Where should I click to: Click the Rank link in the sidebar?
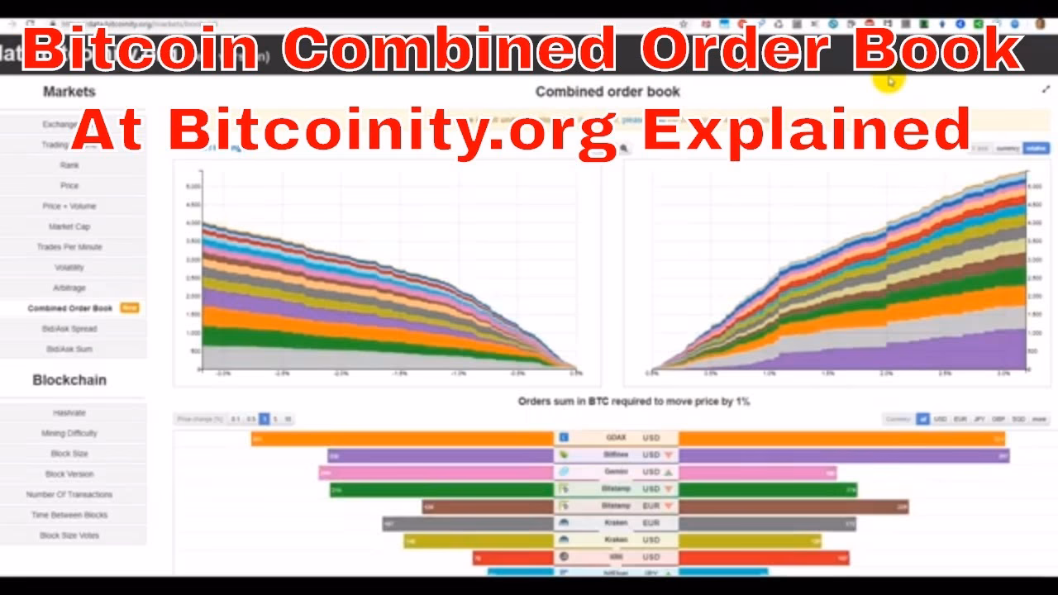tap(69, 165)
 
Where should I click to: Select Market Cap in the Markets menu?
tap(69, 226)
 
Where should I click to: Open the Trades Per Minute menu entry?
tap(69, 247)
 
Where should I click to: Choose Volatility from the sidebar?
tap(69, 268)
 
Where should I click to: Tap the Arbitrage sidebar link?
tap(69, 288)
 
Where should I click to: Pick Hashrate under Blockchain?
tap(69, 412)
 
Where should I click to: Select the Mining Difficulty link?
tap(69, 433)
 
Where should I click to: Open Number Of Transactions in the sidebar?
tap(69, 494)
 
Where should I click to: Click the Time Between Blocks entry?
tap(69, 515)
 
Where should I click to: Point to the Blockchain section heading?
tap(69, 380)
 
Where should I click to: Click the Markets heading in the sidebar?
tap(69, 92)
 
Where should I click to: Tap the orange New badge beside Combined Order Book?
tap(130, 308)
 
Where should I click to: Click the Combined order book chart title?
tap(608, 92)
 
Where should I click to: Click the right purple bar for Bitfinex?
tap(843, 455)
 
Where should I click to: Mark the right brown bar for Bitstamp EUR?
tap(793, 507)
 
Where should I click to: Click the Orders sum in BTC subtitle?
tap(634, 401)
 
